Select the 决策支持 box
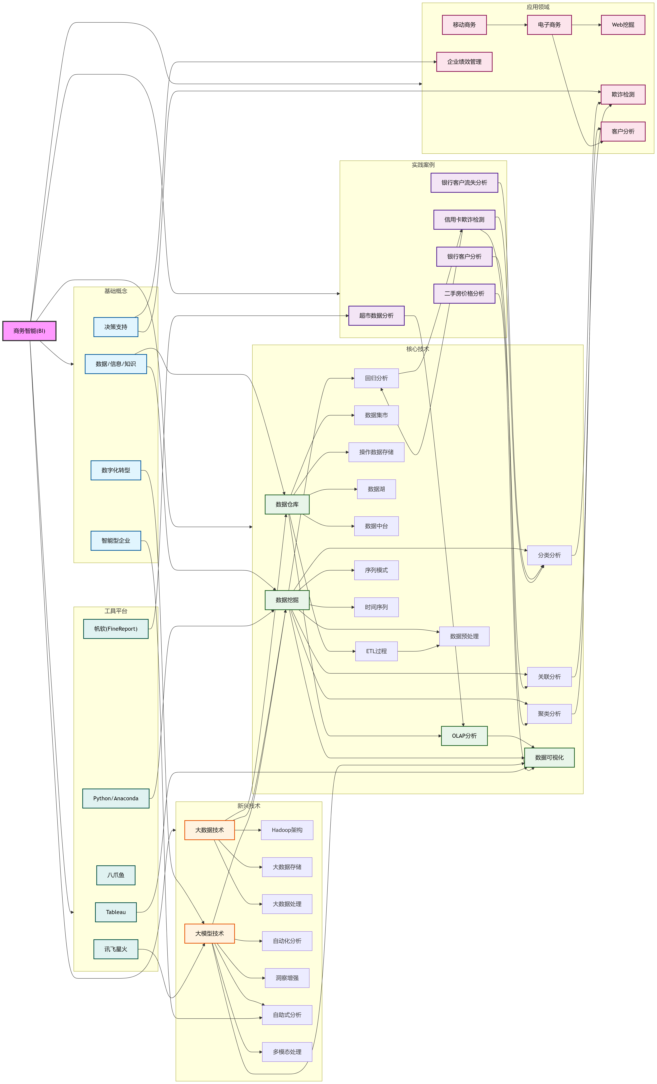[x=116, y=327]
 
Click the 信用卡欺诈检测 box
[x=464, y=219]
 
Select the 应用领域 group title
[x=538, y=7]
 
